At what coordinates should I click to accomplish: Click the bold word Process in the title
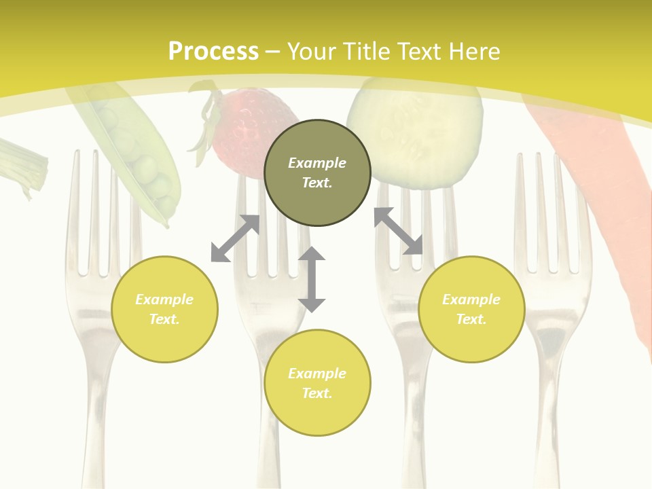click(x=213, y=52)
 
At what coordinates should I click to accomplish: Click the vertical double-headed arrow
click(x=312, y=279)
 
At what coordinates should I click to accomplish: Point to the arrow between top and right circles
click(x=399, y=231)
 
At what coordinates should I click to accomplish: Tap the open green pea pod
click(x=136, y=156)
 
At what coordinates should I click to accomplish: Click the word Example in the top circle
click(x=317, y=163)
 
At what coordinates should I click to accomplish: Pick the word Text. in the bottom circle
click(x=317, y=393)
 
